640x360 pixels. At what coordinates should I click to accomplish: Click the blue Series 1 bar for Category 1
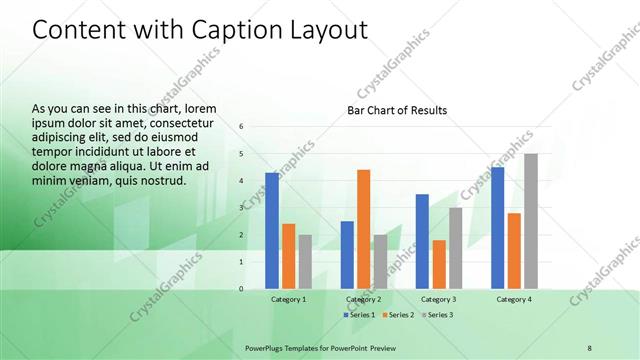tap(272, 231)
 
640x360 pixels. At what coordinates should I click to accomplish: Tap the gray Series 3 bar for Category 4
tap(531, 221)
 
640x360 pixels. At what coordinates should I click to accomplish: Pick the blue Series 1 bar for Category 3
tap(422, 241)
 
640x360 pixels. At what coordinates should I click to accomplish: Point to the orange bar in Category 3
tap(438, 264)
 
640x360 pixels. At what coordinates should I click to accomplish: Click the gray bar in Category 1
tap(305, 262)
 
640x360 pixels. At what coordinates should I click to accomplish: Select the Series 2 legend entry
tap(398, 315)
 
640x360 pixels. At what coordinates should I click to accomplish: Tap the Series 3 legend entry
tap(435, 315)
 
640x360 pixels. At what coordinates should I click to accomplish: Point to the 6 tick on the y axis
tap(242, 127)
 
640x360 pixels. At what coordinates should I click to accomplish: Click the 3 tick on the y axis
tap(242, 208)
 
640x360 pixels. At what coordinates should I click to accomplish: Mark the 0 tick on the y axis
tap(242, 289)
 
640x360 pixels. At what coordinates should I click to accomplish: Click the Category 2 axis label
tap(364, 299)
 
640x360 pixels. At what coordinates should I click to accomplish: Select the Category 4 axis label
tap(514, 299)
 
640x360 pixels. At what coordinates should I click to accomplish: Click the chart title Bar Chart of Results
tap(397, 110)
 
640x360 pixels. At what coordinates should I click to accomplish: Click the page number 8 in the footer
tap(590, 347)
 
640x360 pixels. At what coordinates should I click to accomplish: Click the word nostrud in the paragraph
tap(165, 181)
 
